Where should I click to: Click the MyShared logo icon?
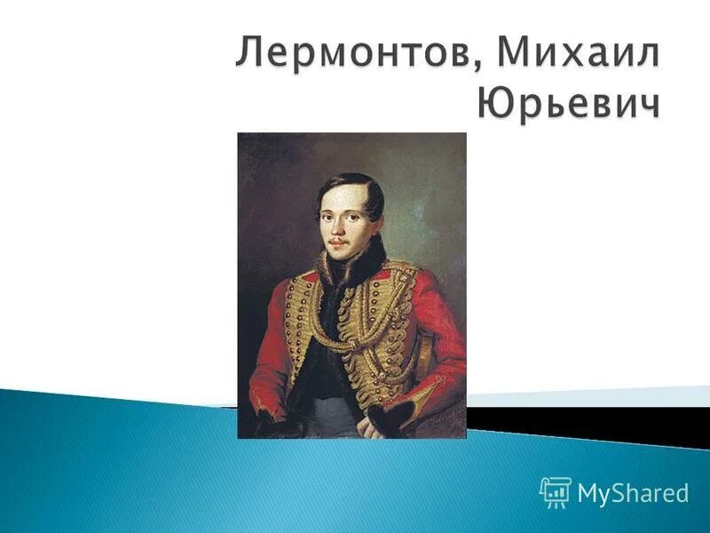555,491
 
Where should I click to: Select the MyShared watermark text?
633,493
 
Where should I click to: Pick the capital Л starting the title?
250,59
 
